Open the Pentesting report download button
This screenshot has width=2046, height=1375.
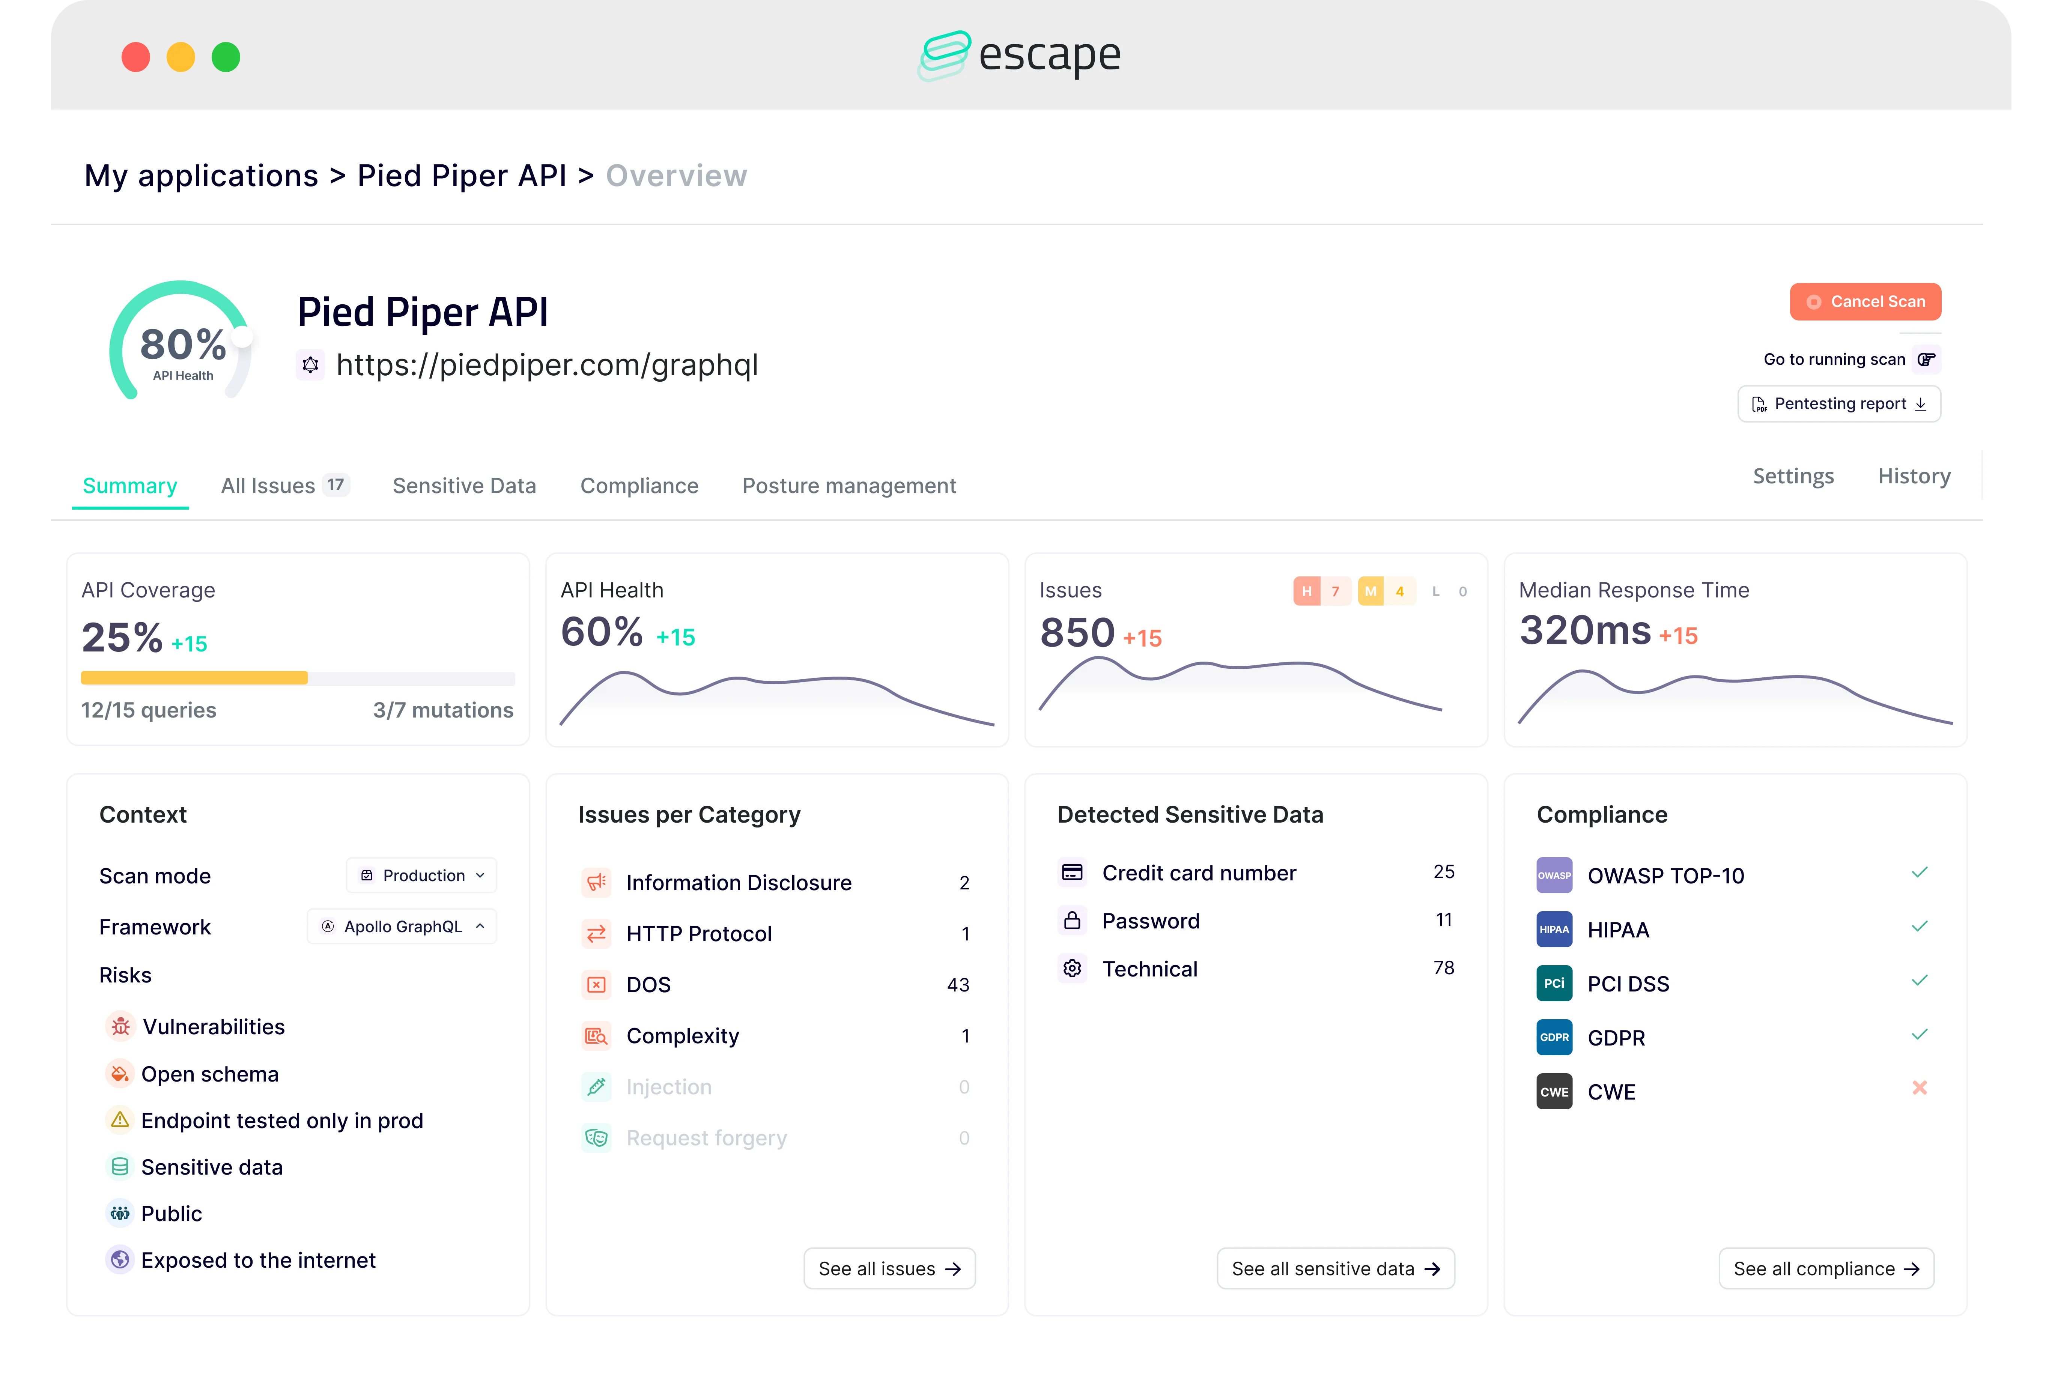coord(1839,404)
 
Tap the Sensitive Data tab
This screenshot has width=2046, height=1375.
coord(464,486)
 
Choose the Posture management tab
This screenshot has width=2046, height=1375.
coord(848,486)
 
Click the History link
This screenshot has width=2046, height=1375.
coord(1914,476)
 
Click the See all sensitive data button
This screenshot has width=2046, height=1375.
coord(1335,1269)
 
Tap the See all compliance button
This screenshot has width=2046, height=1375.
coord(1826,1269)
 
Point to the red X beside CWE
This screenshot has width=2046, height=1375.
coord(1919,1088)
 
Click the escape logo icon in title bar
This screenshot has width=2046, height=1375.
coord(944,55)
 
